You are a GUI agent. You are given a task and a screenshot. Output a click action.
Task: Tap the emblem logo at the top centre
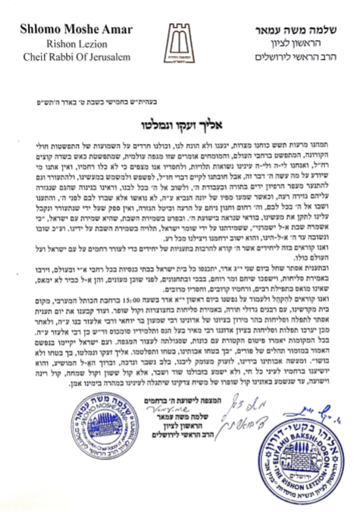[x=180, y=42]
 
